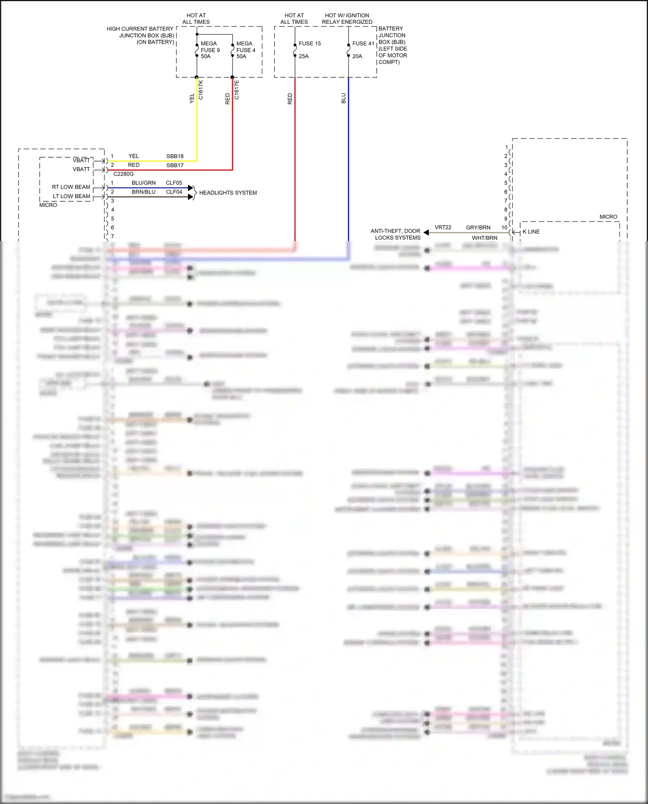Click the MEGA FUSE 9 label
[x=210, y=47]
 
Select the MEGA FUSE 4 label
[x=245, y=47]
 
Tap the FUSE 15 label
[x=310, y=44]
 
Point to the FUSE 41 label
[x=363, y=44]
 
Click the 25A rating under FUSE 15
[x=304, y=56]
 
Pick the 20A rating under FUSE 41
[x=357, y=56]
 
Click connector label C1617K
[x=201, y=90]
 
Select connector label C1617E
[x=237, y=90]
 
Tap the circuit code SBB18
[x=175, y=156]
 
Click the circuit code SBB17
[x=175, y=165]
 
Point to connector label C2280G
[x=124, y=174]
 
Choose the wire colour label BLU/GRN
[x=143, y=183]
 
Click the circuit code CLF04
[x=174, y=192]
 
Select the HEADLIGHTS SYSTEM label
[x=228, y=193]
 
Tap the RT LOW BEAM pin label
[x=71, y=187]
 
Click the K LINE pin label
[x=531, y=232]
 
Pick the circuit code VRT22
[x=443, y=227]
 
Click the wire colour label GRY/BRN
[x=478, y=227]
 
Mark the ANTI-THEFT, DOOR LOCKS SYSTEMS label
[x=396, y=234]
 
